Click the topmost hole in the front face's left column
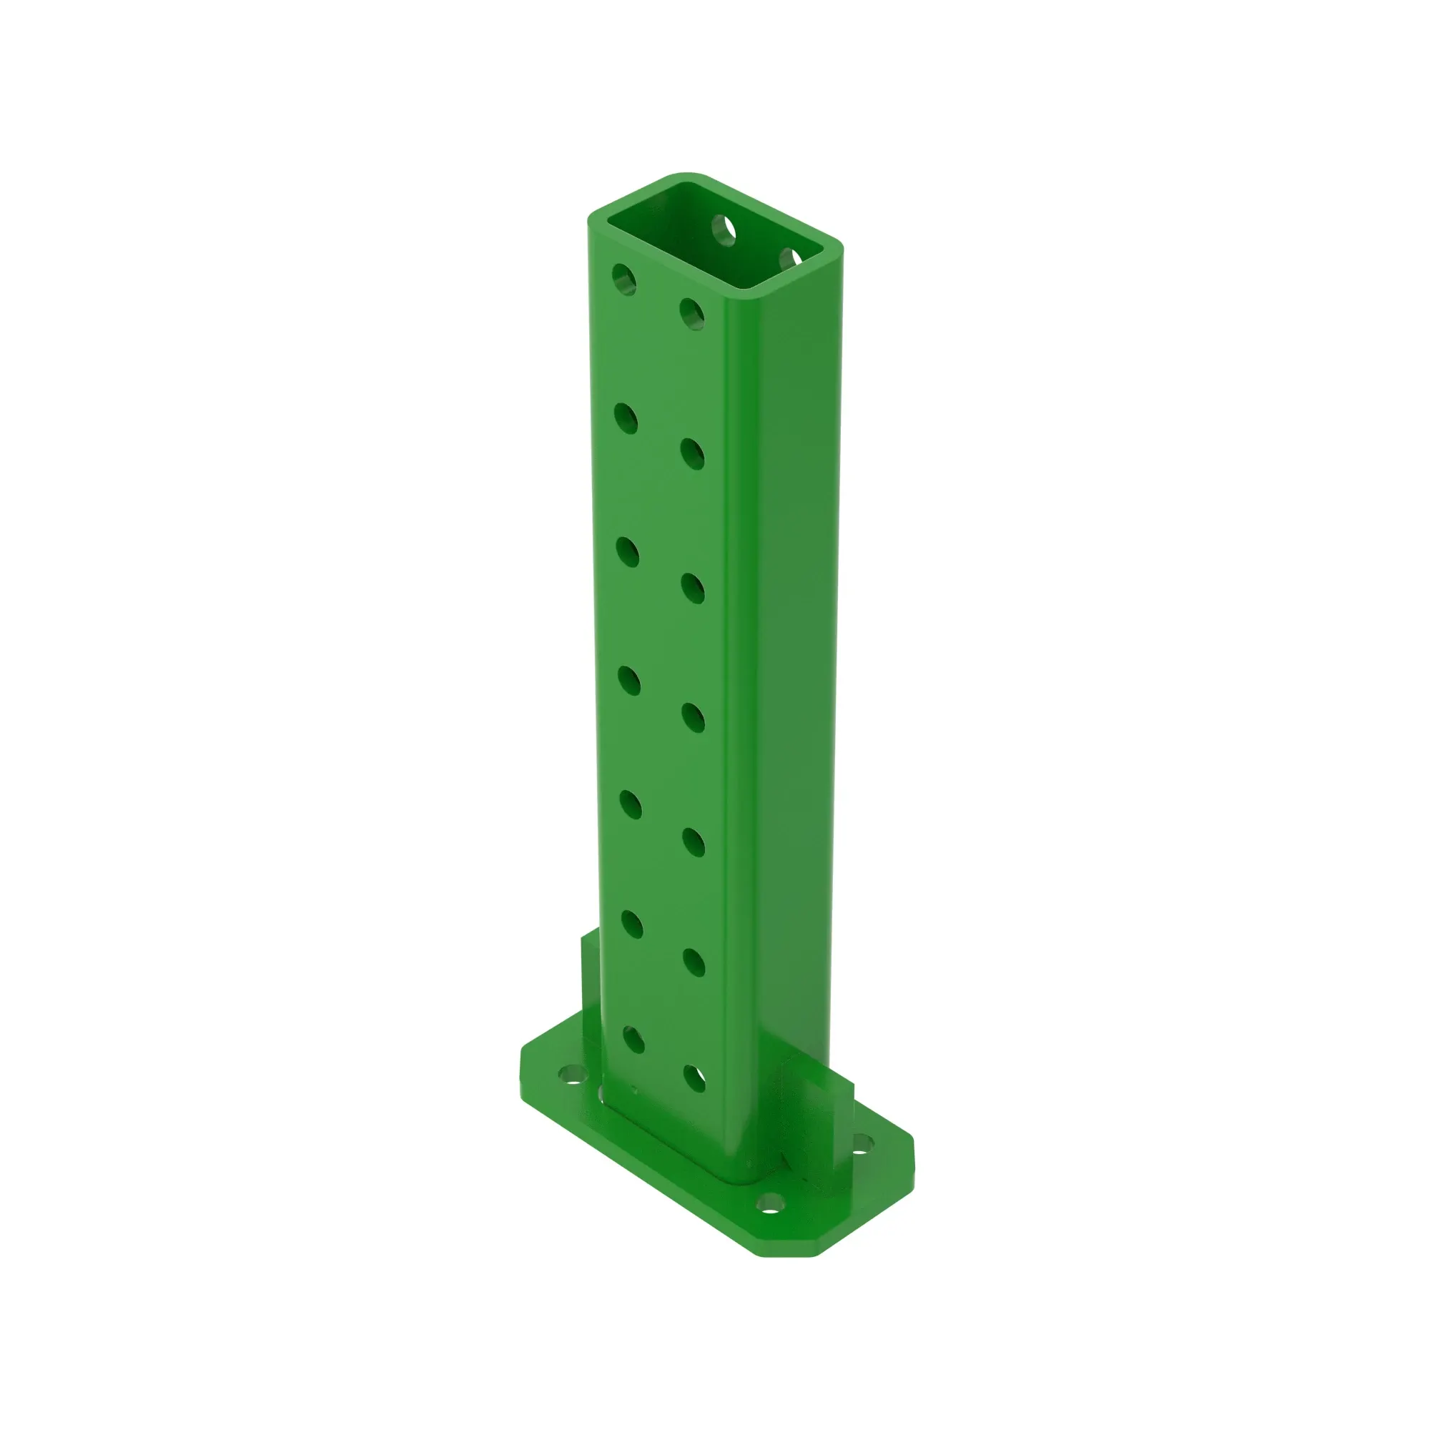624,279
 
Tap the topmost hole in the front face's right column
692,314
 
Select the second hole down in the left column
626,418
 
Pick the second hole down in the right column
693,454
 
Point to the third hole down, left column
628,553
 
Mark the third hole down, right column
694,588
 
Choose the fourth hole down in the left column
629,681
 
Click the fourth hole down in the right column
694,717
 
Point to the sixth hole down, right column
694,962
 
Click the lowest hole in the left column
633,1039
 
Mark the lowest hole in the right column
695,1078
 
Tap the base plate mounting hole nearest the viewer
771,1203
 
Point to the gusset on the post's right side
817,1108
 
